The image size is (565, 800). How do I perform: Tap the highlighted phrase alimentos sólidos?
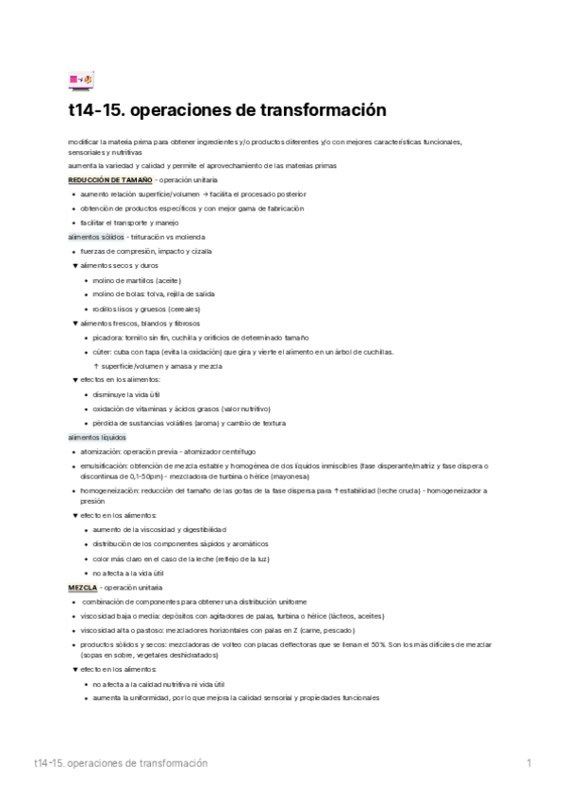pos(95,237)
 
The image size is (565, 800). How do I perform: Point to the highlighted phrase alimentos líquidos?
pos(96,439)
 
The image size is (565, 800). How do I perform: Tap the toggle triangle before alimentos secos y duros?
pos(75,266)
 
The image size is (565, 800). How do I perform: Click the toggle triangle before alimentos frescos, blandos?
pos(75,323)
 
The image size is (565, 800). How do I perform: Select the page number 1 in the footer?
pos(530,762)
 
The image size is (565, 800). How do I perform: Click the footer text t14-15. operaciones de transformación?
pos(120,762)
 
